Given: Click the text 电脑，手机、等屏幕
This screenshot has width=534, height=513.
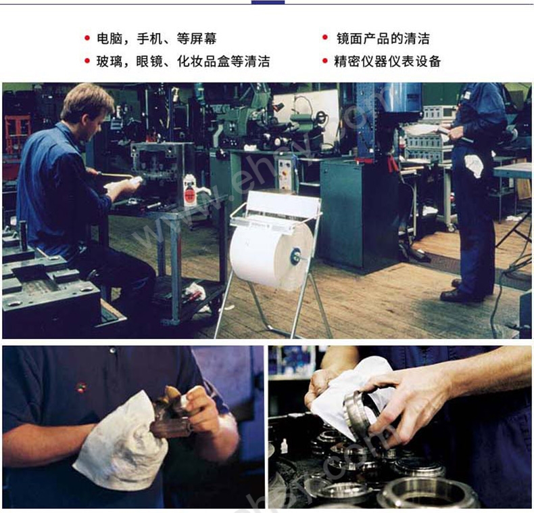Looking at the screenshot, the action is coord(157,39).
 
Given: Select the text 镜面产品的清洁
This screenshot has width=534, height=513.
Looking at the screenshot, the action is coord(383,39).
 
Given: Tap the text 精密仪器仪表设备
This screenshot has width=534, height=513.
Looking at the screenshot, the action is coord(387,62).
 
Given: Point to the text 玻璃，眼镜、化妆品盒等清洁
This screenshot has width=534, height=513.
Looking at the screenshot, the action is coord(183,62).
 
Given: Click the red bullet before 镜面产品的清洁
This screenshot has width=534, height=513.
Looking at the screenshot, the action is coord(325,37).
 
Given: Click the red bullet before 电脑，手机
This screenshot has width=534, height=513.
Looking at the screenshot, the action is coord(87,37).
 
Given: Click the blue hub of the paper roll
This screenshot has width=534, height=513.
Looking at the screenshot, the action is coord(295,256).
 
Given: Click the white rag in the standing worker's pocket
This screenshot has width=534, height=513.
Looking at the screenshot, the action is coord(474,164).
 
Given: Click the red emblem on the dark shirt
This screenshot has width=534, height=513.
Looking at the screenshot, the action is coord(80,387).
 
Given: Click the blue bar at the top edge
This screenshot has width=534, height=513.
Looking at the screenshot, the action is coord(268,2).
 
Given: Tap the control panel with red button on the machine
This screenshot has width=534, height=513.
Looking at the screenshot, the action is coord(285,173).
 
